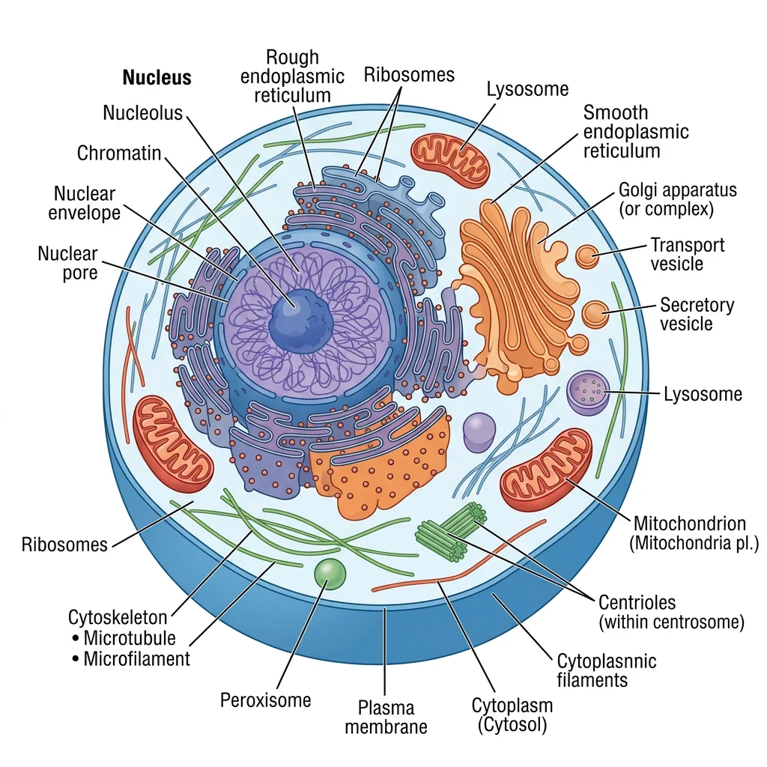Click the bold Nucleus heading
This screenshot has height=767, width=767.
click(x=157, y=78)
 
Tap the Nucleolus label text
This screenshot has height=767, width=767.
click(x=142, y=113)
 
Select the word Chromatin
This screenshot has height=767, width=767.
click(x=119, y=154)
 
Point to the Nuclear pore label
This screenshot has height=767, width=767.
click(x=67, y=263)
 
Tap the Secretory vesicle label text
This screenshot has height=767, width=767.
click(x=696, y=315)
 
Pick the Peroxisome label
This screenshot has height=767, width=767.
click(x=265, y=700)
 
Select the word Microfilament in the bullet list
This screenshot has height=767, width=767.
click(x=136, y=659)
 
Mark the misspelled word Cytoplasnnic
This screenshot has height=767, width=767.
click(x=606, y=661)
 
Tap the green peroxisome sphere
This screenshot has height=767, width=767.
click(x=330, y=574)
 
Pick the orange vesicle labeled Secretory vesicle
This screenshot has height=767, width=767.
click(x=596, y=314)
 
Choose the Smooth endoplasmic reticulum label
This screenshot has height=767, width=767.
click(x=635, y=132)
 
